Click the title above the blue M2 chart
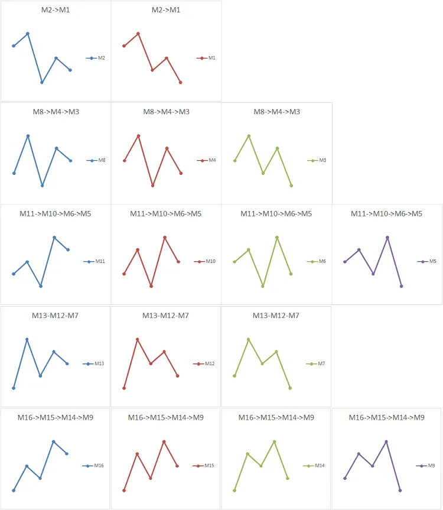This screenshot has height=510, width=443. (x=56, y=10)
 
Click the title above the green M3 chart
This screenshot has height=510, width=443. (x=276, y=112)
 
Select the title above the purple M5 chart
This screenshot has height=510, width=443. (x=387, y=213)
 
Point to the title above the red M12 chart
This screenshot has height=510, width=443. (x=165, y=316)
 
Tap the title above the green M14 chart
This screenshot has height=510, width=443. (x=276, y=417)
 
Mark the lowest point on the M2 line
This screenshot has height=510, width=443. (x=42, y=82)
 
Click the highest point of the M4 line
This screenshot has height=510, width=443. (x=138, y=136)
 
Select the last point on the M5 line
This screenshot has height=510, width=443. (x=401, y=286)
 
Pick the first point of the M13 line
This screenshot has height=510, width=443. (x=13, y=388)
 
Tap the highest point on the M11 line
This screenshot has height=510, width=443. (x=54, y=238)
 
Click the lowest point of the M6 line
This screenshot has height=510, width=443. (x=263, y=286)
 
